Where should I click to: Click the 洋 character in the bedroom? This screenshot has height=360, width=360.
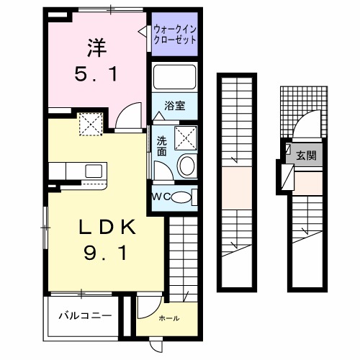click(96, 48)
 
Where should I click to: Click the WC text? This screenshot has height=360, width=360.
click(161, 197)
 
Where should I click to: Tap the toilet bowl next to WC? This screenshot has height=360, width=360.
click(183, 197)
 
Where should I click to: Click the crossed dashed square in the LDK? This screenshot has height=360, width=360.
click(91, 125)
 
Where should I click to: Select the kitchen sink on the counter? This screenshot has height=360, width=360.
click(91, 171)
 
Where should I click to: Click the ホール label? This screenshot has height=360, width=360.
click(168, 318)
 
